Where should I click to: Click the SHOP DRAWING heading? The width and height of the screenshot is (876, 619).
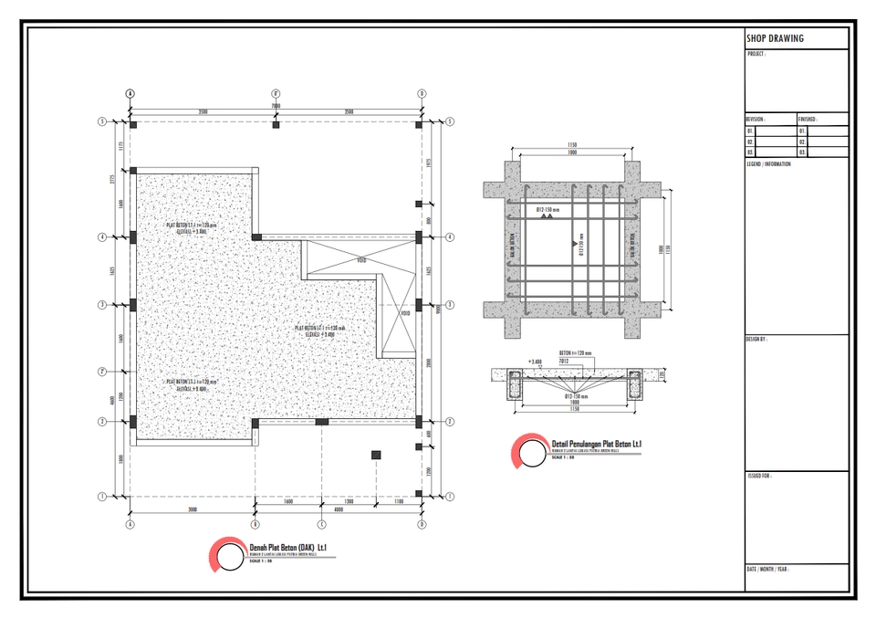pos(775,38)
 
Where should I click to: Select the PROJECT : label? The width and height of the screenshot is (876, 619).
pos(756,54)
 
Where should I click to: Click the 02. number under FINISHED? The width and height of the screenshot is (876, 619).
pos(803,142)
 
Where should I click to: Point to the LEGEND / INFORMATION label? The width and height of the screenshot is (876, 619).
pos(769,164)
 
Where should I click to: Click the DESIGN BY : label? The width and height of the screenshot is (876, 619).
pos(757,339)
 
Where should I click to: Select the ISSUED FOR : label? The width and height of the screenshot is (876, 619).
pos(759,476)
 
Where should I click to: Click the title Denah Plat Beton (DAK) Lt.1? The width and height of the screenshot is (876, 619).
pos(287,546)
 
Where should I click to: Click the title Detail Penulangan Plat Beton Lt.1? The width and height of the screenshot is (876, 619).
pos(597,444)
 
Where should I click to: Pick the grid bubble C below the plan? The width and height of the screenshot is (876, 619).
pos(321,525)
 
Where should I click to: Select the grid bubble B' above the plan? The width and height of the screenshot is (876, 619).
pos(276,93)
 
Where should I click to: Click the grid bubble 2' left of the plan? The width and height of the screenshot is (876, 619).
pos(103,372)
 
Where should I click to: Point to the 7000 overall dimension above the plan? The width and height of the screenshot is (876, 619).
pos(276,106)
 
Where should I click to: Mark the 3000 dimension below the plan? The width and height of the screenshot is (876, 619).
pos(193,509)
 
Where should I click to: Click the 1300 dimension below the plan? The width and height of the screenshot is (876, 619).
pos(349,502)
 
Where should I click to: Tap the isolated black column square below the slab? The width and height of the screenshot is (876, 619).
pos(375,455)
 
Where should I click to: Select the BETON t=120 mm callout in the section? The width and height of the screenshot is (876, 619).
pos(575,353)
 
